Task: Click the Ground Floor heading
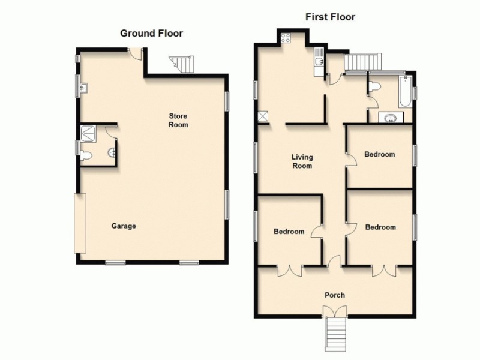click(151, 33)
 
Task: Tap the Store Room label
click(178, 121)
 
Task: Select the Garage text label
click(124, 226)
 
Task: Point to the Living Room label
click(302, 161)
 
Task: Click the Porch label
click(335, 295)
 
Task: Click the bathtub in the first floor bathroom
click(406, 92)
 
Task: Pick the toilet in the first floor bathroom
click(374, 88)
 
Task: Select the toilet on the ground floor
click(86, 157)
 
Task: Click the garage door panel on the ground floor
click(80, 223)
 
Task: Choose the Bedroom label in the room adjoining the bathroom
click(380, 154)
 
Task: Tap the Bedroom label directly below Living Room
click(289, 232)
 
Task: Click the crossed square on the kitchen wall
click(263, 116)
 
